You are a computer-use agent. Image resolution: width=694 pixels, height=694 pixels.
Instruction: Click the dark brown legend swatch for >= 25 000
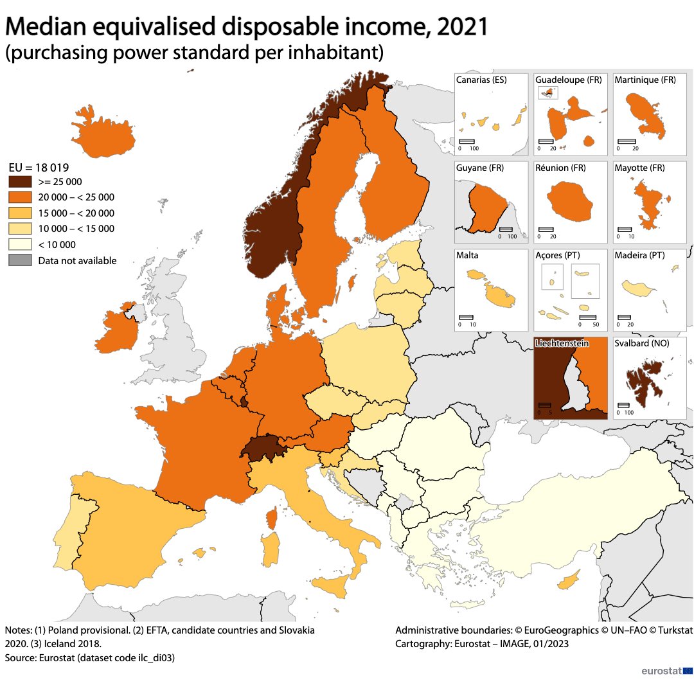pyautogui.click(x=20, y=182)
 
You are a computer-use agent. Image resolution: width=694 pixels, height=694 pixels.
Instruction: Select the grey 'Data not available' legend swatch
pyautogui.click(x=20, y=260)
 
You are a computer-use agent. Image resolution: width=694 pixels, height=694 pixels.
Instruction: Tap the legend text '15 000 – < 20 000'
pyautogui.click(x=76, y=213)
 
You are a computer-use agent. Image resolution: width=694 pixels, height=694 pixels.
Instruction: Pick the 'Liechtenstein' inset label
pyautogui.click(x=562, y=344)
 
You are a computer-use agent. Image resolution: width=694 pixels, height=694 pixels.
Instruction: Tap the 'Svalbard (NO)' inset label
pyautogui.click(x=641, y=344)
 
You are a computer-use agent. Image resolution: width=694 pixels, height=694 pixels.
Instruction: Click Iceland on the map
pyautogui.click(x=103, y=135)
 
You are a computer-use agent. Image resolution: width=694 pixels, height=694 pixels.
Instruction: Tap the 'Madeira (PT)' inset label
pyautogui.click(x=639, y=256)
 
